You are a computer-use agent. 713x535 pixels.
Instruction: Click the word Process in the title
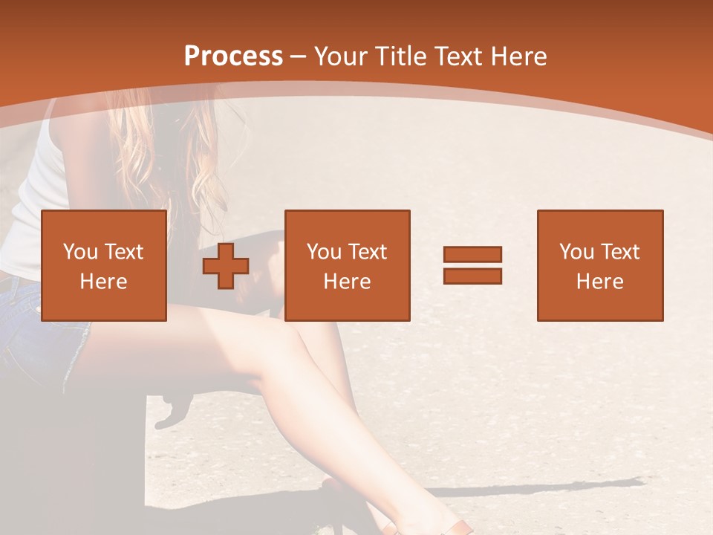(233, 56)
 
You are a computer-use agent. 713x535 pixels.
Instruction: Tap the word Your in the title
(342, 56)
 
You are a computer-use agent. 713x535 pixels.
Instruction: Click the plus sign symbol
(226, 266)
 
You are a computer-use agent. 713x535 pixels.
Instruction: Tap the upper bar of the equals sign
(472, 254)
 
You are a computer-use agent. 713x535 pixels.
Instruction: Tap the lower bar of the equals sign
(472, 276)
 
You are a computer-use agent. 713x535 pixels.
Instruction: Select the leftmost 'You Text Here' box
(103, 265)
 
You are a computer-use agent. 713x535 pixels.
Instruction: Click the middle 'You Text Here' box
(347, 265)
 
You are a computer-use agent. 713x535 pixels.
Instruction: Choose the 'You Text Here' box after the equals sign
(599, 265)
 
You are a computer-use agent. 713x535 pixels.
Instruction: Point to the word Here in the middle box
(347, 281)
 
